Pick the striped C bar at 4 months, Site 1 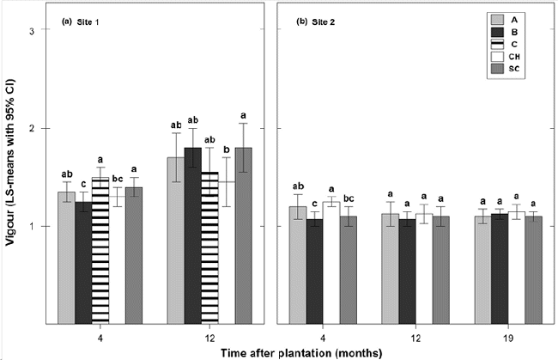point(100,249)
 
